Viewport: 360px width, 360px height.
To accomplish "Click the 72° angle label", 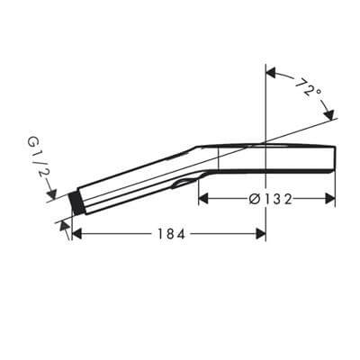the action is [x=308, y=87].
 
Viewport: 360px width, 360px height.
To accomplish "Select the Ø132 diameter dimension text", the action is [x=270, y=199].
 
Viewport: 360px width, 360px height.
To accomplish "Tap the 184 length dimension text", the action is [x=172, y=234].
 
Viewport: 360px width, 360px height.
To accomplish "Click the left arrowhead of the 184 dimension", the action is [x=77, y=234].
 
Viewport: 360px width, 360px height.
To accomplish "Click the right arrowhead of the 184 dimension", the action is [x=261, y=234].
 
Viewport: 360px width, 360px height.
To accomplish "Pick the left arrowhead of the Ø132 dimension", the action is [x=203, y=199].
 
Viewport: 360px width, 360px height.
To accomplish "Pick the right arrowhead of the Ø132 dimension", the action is [x=330, y=199].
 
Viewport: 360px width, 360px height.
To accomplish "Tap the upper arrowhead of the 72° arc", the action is [x=271, y=73].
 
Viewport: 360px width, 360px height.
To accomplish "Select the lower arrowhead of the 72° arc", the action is [x=328, y=114].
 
